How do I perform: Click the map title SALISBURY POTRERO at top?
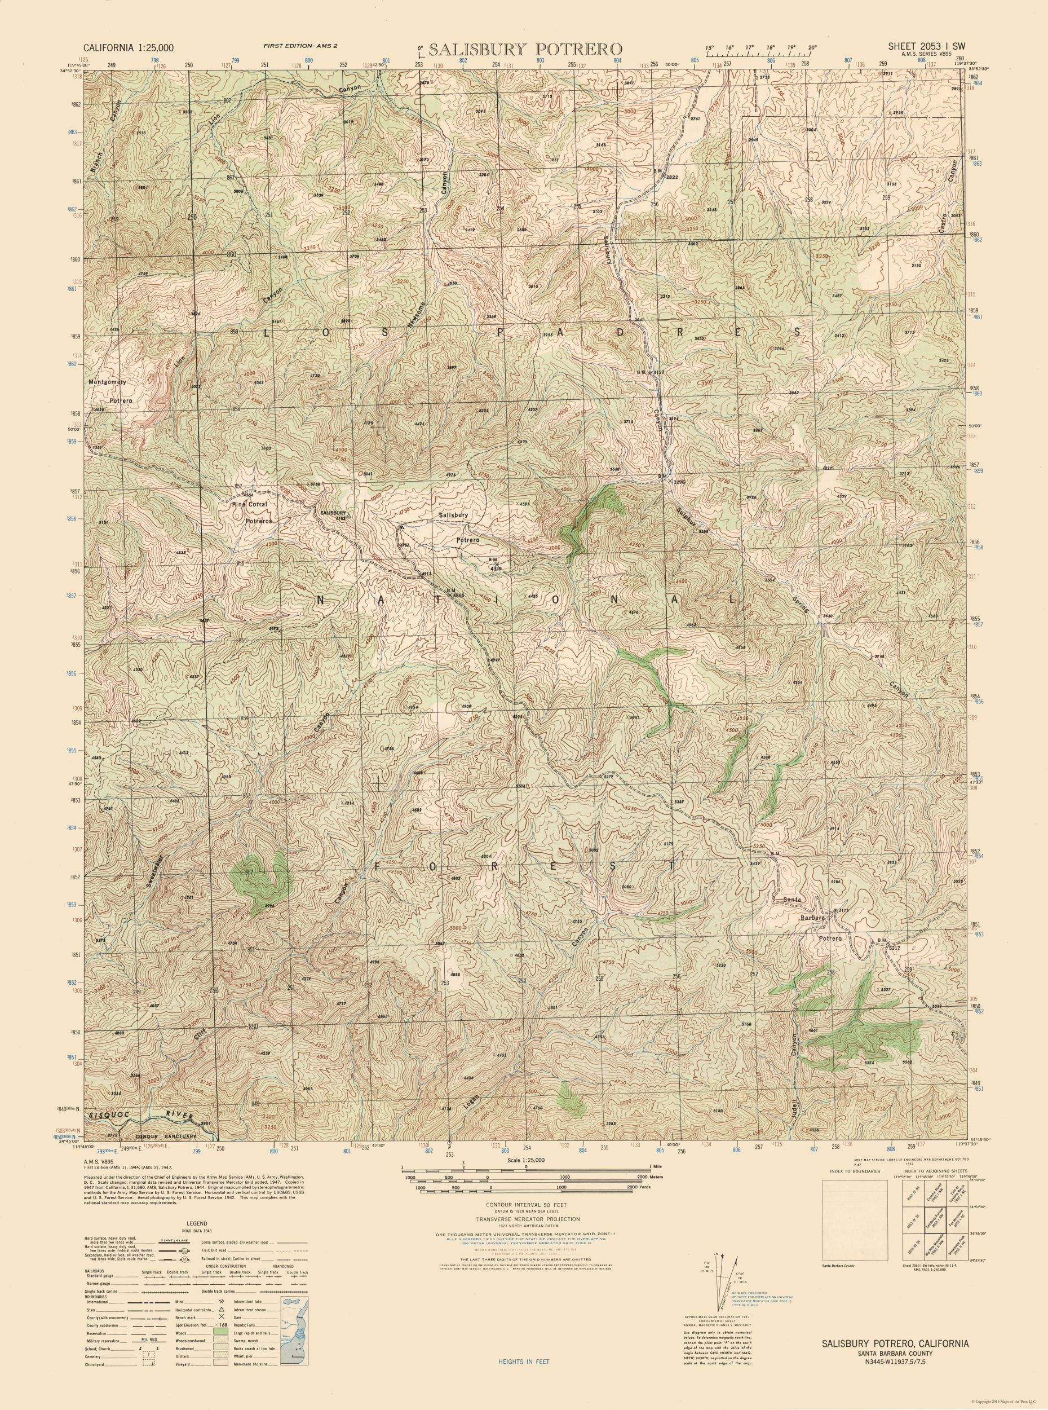pos(525,49)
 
